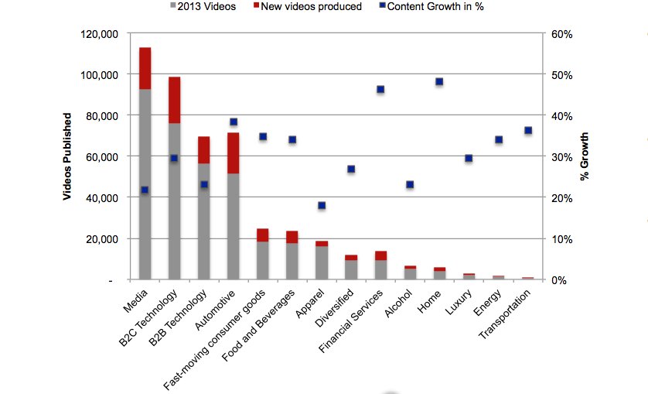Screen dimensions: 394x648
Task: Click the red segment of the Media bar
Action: [x=145, y=68]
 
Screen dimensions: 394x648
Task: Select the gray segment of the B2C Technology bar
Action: [x=174, y=200]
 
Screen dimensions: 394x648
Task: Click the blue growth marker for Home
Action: [x=439, y=82]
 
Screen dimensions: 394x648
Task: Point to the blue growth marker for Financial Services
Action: [x=380, y=90]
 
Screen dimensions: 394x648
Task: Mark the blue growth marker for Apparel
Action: [x=322, y=206]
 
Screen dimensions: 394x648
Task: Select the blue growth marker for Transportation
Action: [x=528, y=130]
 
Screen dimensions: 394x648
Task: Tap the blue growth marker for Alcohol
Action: [x=410, y=185]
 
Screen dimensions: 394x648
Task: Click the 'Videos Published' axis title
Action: [x=67, y=156]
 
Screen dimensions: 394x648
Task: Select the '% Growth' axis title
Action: [x=585, y=156]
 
